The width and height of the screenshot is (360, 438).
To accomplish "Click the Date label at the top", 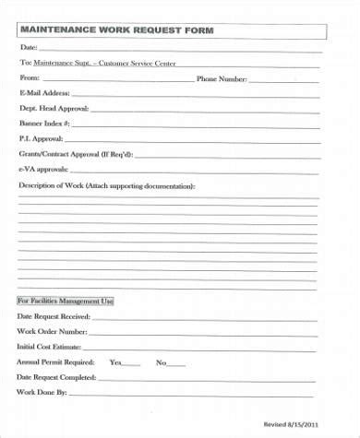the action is click(29, 47).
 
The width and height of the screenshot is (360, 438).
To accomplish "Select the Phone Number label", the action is click(222, 78).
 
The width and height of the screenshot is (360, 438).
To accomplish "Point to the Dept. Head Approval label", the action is click(54, 108).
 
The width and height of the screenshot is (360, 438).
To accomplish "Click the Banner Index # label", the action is click(44, 123).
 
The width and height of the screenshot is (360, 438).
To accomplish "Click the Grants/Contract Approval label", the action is click(77, 153).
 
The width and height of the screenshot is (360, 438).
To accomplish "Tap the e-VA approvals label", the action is click(43, 169).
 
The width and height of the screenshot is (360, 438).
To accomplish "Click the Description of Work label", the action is click(107, 185).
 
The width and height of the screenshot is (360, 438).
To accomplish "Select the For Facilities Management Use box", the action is click(66, 302).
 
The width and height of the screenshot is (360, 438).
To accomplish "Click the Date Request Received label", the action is click(54, 317).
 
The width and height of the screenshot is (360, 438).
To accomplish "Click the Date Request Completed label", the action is click(56, 377).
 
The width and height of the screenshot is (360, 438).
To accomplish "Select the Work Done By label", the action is click(42, 393).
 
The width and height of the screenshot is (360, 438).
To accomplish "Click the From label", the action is click(28, 78).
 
